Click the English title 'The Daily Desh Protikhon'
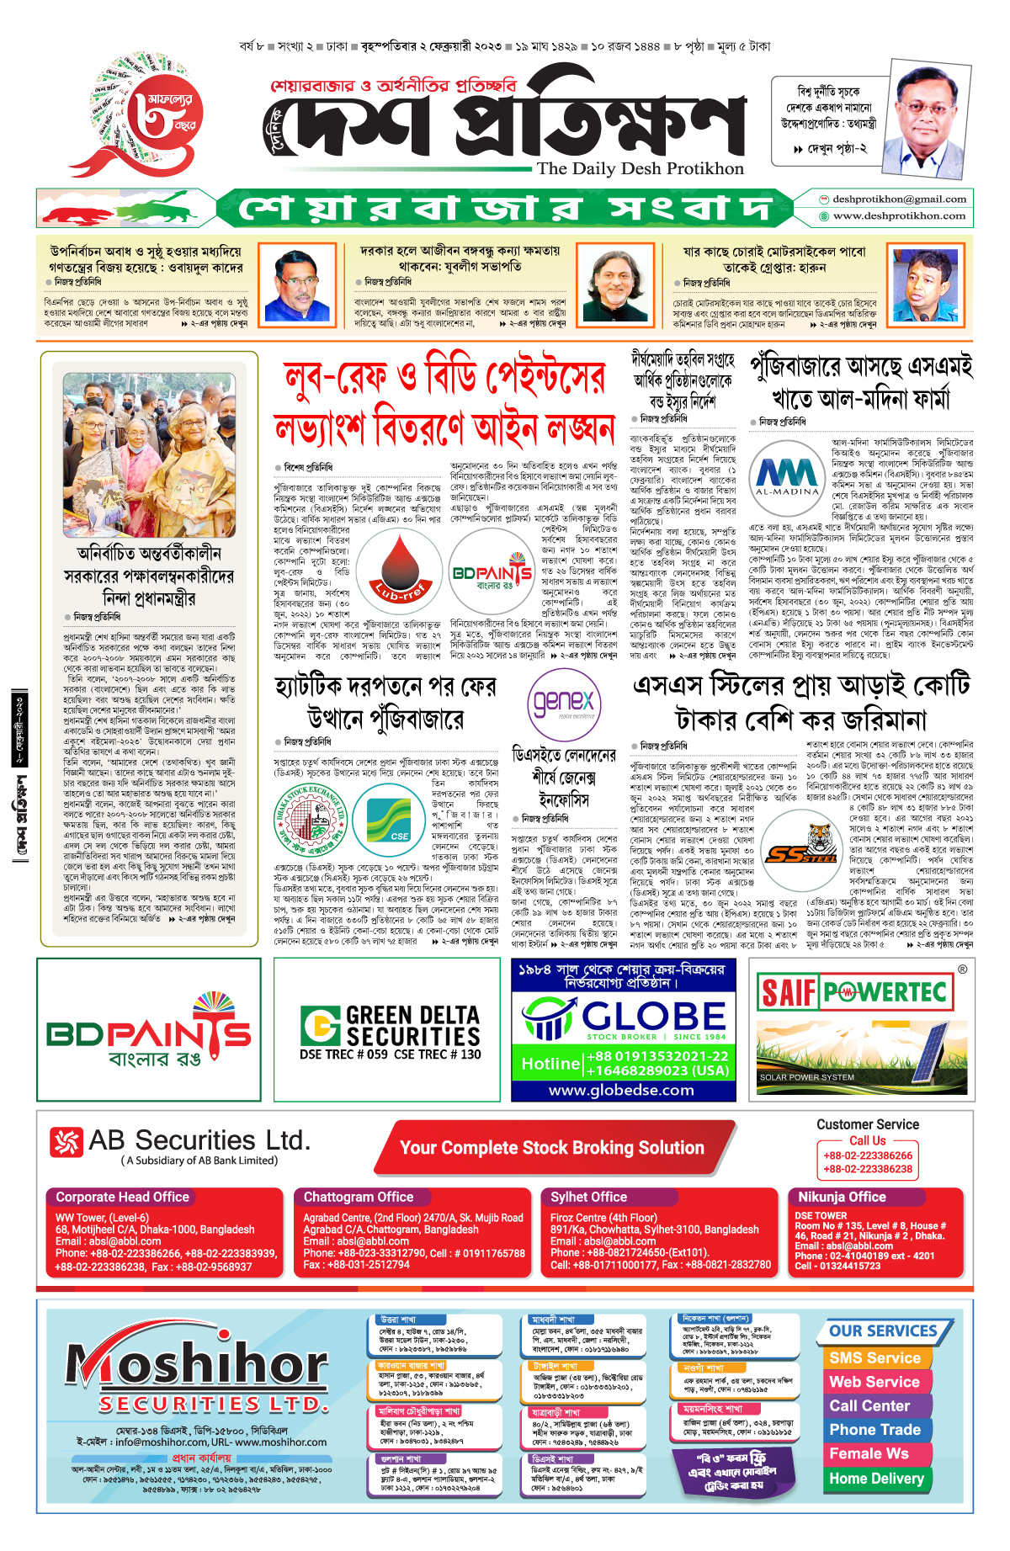[x=641, y=168]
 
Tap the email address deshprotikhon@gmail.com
[x=899, y=199]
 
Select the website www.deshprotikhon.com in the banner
[x=899, y=215]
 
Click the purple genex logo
[x=564, y=703]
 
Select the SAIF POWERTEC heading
[x=854, y=992]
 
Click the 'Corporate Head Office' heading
[x=122, y=1197]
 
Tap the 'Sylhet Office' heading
[x=588, y=1197]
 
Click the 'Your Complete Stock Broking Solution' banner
[x=552, y=1148]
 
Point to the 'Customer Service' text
[x=867, y=1124]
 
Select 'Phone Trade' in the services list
[x=874, y=1429]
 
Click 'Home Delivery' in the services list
[x=876, y=1478]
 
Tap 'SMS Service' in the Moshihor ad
[x=874, y=1357]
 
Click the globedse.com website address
[x=621, y=1090]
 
